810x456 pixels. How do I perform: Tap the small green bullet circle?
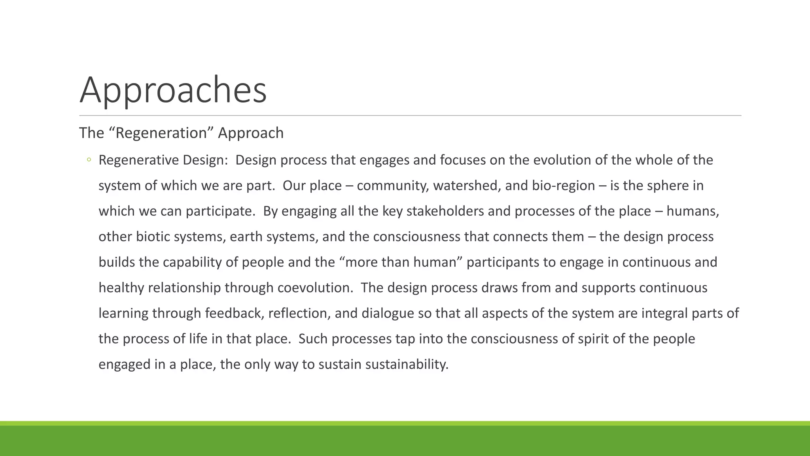point(89,160)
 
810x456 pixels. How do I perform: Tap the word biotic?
point(153,237)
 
